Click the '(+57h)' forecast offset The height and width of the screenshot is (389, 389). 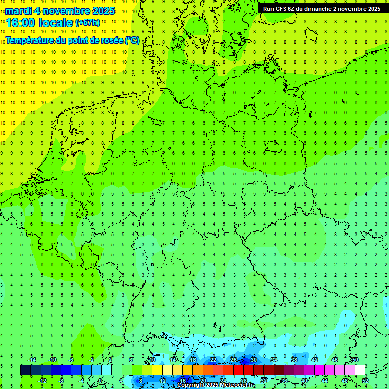click(88, 23)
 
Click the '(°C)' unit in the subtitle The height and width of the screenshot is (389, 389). click(132, 40)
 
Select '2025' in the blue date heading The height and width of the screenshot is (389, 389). click(101, 11)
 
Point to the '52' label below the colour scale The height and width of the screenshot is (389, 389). click(365, 380)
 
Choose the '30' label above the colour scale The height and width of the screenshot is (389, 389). click(253, 360)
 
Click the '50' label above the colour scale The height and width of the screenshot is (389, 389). click(355, 360)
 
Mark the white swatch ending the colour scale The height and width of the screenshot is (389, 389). click(360, 370)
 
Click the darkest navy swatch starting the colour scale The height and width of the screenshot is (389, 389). click(25, 370)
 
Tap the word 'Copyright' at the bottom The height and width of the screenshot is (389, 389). click(190, 385)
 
